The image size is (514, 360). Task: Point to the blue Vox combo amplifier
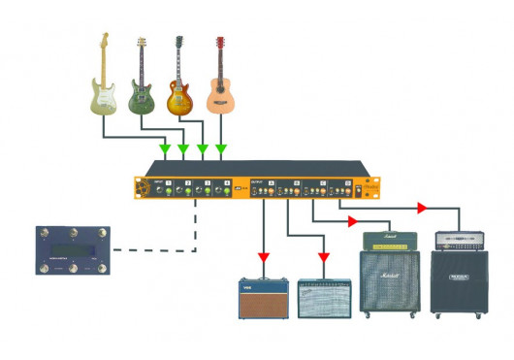click(265, 298)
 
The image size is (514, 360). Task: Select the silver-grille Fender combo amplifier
click(323, 298)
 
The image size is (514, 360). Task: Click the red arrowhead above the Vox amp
click(264, 258)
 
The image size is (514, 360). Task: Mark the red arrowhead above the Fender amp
click(323, 258)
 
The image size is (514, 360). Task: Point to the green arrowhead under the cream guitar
click(165, 149)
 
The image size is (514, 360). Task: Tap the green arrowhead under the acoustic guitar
click(221, 149)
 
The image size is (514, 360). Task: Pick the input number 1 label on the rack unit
click(169, 183)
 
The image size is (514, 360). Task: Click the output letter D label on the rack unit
click(346, 183)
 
